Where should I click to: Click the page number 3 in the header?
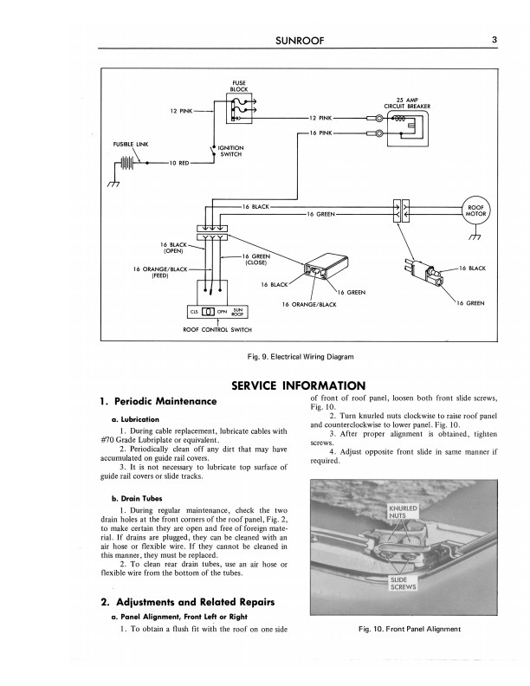pos(492,38)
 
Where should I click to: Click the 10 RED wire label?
pos(180,163)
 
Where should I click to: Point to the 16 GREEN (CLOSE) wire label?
pos(257,260)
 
